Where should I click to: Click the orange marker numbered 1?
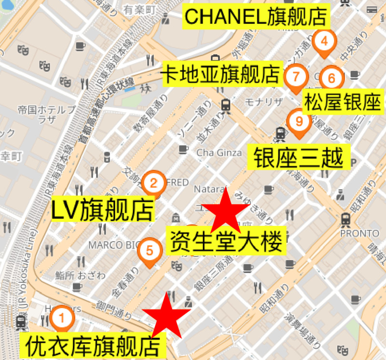point(61,318)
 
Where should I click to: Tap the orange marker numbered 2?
point(153,183)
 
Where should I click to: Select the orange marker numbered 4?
point(324,41)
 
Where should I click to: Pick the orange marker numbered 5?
point(150,250)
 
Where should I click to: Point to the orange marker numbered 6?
point(331,77)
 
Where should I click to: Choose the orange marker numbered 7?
point(296,76)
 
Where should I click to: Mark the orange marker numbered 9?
point(299,122)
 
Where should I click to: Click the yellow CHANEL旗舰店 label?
point(256,17)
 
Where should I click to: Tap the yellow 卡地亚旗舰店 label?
point(221,74)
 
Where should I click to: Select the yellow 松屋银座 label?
point(343,102)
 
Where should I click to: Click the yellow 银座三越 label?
point(298,157)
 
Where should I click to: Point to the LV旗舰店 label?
point(103,210)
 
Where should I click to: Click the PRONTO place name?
point(359,234)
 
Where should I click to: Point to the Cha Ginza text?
point(219,153)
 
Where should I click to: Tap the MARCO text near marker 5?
point(106,245)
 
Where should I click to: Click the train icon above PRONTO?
point(346,219)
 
